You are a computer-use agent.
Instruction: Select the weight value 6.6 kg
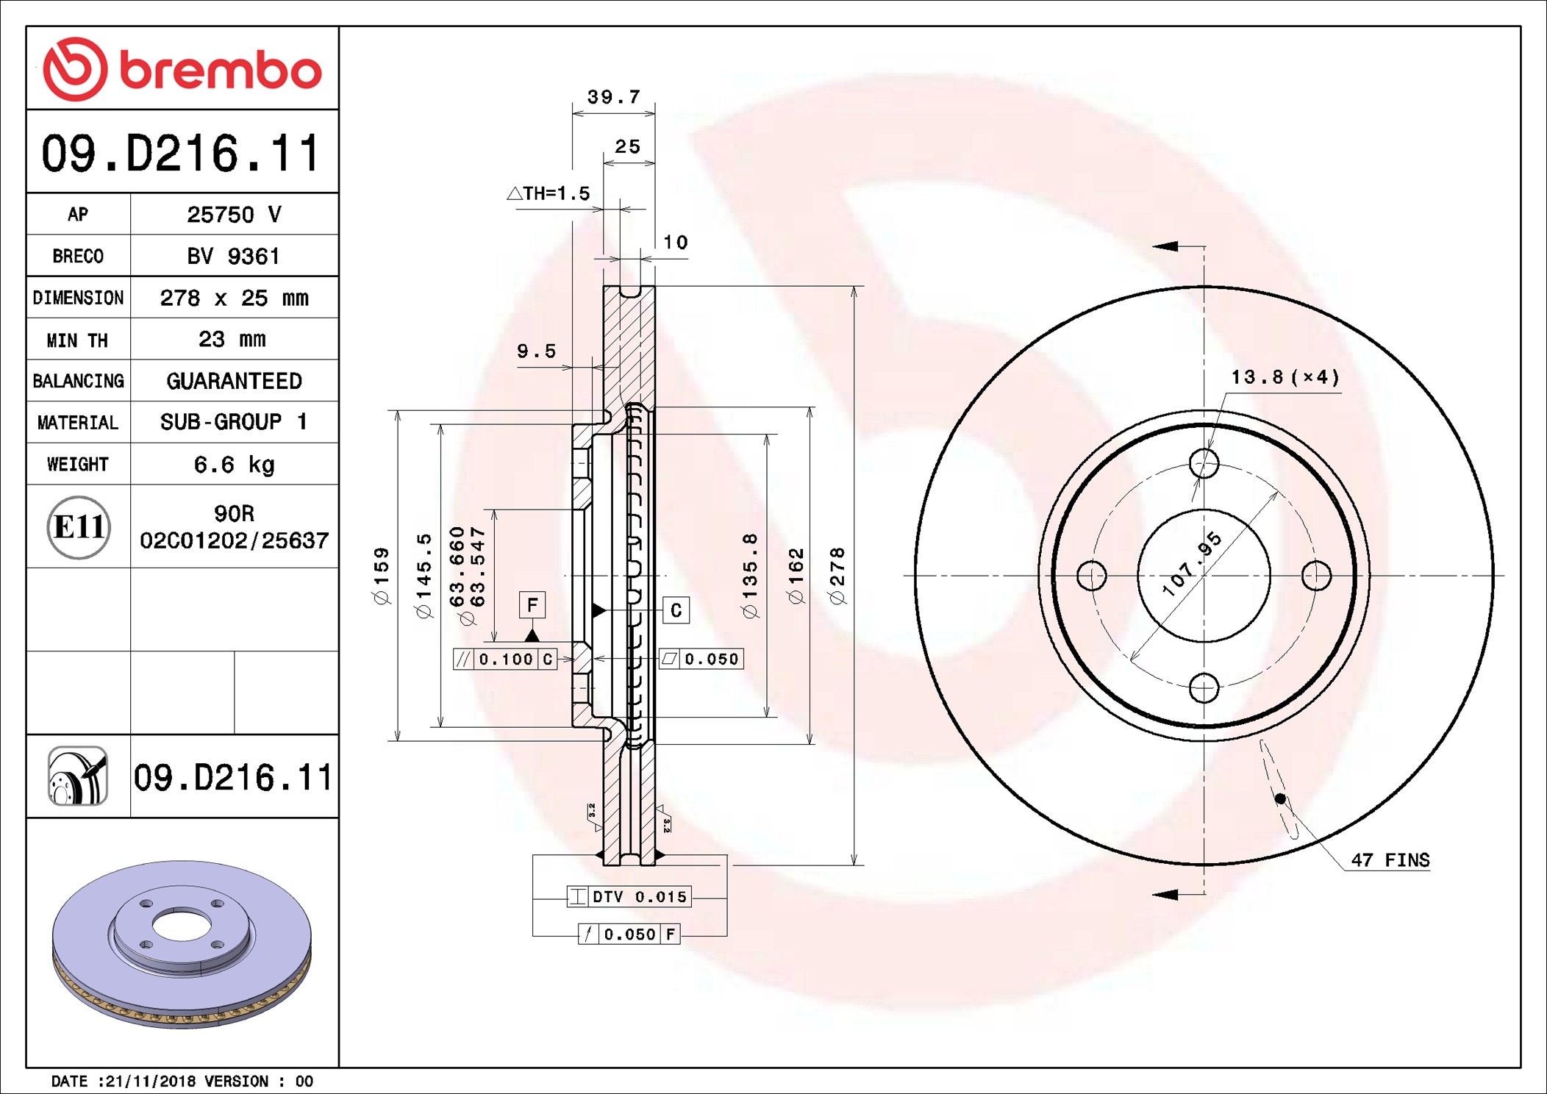click(x=234, y=465)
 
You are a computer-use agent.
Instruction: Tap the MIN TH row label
click(x=77, y=340)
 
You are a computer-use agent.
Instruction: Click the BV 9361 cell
click(x=233, y=256)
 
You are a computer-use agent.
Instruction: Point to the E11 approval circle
click(x=79, y=527)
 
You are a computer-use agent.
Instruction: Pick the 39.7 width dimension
click(x=614, y=97)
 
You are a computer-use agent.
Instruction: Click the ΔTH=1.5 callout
click(x=549, y=193)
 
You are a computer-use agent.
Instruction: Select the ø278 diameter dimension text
click(x=837, y=576)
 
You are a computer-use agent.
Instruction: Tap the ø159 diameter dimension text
click(x=382, y=576)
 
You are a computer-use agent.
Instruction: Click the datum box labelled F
click(x=532, y=605)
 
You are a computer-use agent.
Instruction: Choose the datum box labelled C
click(x=676, y=610)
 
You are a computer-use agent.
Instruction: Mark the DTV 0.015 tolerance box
click(x=629, y=896)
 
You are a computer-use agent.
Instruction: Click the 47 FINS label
click(x=1390, y=859)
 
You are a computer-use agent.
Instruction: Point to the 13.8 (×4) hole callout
click(x=1285, y=377)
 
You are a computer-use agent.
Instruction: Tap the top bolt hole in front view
click(x=1204, y=463)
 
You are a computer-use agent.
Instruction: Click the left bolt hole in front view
click(x=1091, y=575)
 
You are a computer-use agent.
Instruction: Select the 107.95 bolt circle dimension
click(x=1192, y=564)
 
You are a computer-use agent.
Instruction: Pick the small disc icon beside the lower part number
click(x=78, y=776)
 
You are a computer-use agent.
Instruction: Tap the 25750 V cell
click(x=234, y=215)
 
